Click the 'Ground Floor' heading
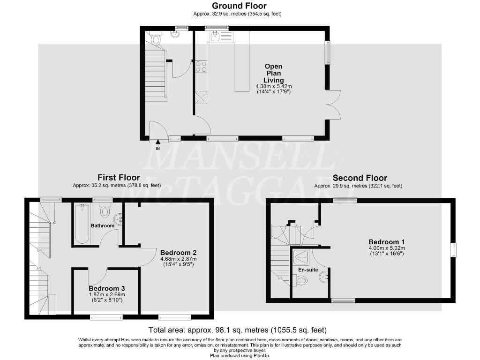(x=239, y=6)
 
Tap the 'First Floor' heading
(x=119, y=178)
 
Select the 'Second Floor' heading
(x=360, y=178)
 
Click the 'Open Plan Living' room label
(x=273, y=73)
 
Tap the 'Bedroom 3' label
(x=106, y=288)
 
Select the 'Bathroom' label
(x=103, y=226)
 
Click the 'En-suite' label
(x=308, y=270)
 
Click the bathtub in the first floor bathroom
(x=82, y=223)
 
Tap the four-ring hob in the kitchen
(x=202, y=67)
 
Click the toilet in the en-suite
(x=301, y=280)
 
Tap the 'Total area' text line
(x=237, y=330)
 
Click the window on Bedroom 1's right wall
(x=454, y=249)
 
